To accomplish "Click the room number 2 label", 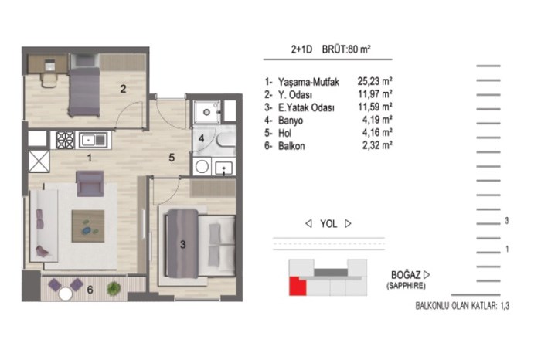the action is [123, 89].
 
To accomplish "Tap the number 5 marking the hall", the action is [172, 158].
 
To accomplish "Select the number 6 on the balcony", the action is [90, 290].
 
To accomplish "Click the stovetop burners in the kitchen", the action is [65, 140].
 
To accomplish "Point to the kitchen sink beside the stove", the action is [94, 140].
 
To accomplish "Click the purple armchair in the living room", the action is [90, 183].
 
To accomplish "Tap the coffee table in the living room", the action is [88, 226].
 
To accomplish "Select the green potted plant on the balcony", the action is [114, 289].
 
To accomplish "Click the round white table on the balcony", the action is [65, 294].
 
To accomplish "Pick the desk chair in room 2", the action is [49, 80].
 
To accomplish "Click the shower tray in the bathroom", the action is [206, 112].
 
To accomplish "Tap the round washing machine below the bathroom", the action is [202, 167].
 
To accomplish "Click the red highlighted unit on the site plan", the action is [297, 286].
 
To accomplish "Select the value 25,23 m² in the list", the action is [375, 81].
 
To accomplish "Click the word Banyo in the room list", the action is [291, 121].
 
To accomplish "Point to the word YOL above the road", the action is [328, 224].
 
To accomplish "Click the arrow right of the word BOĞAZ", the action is [427, 275].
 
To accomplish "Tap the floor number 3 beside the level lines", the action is [506, 221].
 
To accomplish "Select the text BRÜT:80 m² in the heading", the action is [346, 49].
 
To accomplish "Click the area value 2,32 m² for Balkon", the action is [377, 145].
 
